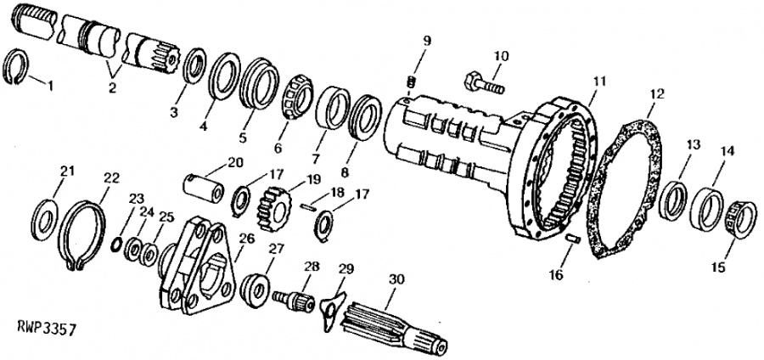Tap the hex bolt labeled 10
[484, 83]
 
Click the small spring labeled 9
[410, 81]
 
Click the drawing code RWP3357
[47, 329]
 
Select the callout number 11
[598, 82]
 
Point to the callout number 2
[112, 90]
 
